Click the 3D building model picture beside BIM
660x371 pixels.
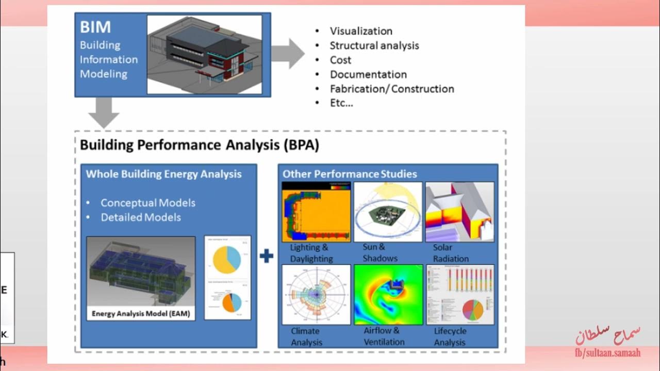pos(204,54)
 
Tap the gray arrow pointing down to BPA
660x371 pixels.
pos(104,113)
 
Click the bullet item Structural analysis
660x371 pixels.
pos(374,45)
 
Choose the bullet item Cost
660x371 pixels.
pos(341,60)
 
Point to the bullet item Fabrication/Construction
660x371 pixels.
pos(392,89)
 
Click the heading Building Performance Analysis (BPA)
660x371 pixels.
pos(200,145)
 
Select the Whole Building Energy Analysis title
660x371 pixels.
pos(163,174)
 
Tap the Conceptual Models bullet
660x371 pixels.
pos(147,203)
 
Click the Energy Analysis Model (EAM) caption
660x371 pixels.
pos(141,313)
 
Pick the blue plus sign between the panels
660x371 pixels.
pos(266,256)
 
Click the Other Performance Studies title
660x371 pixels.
pos(350,174)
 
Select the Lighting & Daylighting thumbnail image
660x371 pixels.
pos(316,212)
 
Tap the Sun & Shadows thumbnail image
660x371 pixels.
pos(388,212)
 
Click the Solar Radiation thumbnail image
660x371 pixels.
pos(459,212)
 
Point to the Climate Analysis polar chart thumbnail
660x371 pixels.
pos(316,294)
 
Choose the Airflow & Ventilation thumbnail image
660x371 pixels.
pos(388,294)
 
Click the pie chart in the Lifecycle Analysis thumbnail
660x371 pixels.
pos(473,309)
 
